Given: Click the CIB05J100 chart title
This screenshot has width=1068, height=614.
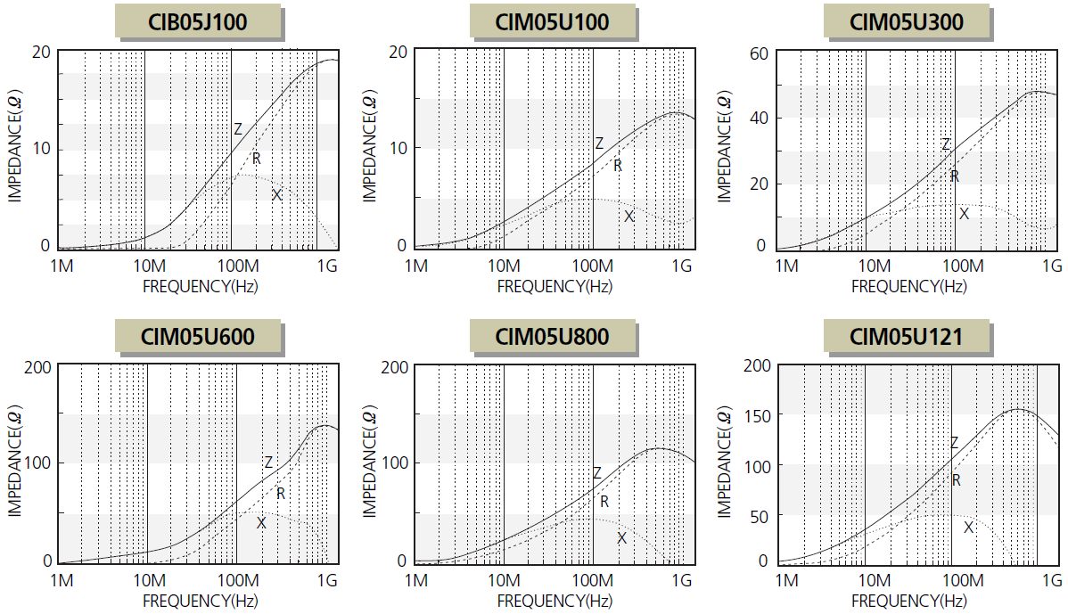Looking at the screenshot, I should pyautogui.click(x=198, y=22).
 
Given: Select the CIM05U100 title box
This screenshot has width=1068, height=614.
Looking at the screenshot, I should pyautogui.click(x=553, y=22).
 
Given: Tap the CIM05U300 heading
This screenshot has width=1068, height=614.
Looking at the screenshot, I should pyautogui.click(x=907, y=22).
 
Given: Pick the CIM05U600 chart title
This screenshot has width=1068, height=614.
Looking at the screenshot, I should pyautogui.click(x=198, y=337).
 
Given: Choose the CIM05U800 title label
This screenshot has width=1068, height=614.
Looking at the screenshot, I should pyautogui.click(x=553, y=337).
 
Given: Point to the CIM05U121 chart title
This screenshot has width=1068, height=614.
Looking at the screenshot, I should pyautogui.click(x=907, y=337).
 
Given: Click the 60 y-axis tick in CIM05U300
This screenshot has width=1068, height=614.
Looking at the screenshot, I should pyautogui.click(x=758, y=52).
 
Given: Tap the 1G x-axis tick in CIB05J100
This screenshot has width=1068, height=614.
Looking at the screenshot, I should pyautogui.click(x=328, y=266).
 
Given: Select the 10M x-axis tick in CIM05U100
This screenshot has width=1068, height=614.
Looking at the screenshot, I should pyautogui.click(x=505, y=266).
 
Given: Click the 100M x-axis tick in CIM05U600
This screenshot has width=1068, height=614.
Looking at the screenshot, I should pyautogui.click(x=237, y=581).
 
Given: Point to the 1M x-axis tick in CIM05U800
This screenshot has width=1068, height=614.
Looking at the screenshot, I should pyautogui.click(x=415, y=581).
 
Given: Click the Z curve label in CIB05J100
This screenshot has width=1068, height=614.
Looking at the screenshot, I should pyautogui.click(x=238, y=129).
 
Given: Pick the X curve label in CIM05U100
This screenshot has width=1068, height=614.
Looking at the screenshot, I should pyautogui.click(x=628, y=217).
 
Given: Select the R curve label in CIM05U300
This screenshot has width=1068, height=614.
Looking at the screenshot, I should pyautogui.click(x=954, y=176).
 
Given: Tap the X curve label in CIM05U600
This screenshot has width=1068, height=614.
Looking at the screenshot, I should pyautogui.click(x=261, y=523).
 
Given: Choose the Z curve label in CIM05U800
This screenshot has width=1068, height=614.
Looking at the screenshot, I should pyautogui.click(x=597, y=473).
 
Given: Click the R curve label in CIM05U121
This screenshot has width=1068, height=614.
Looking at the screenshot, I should pyautogui.click(x=956, y=480).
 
